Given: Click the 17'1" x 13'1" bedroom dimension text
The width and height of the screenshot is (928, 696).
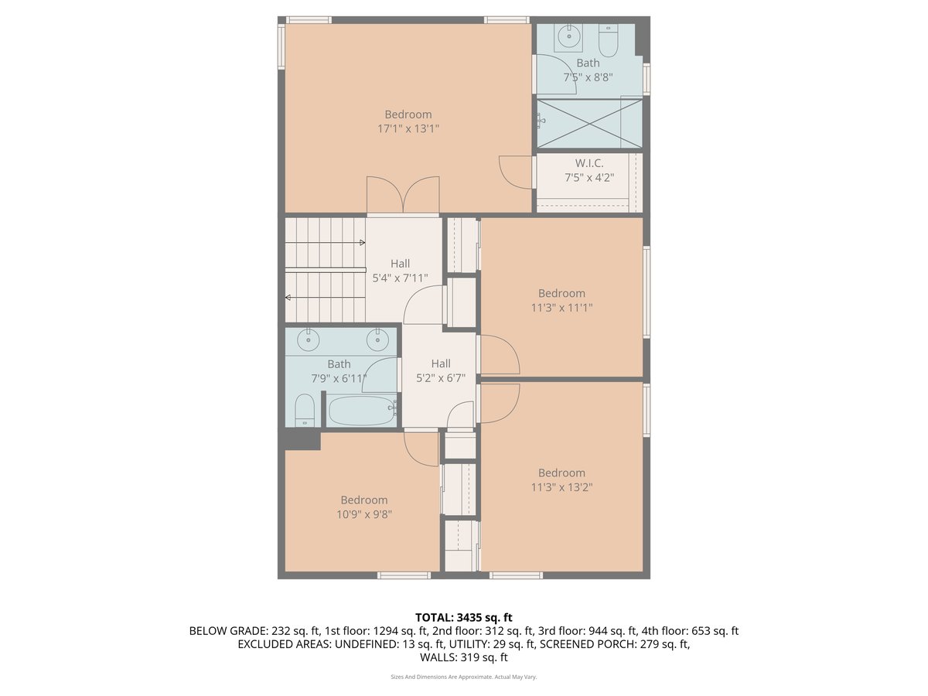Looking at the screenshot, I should pyautogui.click(x=408, y=129).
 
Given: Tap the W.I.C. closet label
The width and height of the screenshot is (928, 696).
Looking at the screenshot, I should pyautogui.click(x=589, y=163).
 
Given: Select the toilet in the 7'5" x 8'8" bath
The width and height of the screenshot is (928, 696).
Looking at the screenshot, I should pyautogui.click(x=609, y=43).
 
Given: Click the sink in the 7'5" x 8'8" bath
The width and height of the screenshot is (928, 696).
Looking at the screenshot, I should pyautogui.click(x=569, y=34).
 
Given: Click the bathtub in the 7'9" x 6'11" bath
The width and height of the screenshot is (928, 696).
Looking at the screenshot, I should pyautogui.click(x=362, y=410).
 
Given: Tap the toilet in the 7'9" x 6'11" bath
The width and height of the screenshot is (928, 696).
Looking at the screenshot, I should pyautogui.click(x=305, y=410).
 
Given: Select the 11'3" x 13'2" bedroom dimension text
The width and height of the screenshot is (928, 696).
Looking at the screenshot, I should pyautogui.click(x=561, y=487).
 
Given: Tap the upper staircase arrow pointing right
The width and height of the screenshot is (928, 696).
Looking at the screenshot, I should pyautogui.click(x=361, y=242).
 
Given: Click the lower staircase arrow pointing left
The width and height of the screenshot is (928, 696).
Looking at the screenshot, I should pyautogui.click(x=288, y=297).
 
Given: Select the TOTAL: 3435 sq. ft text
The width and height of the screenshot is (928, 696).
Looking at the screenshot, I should pyautogui.click(x=463, y=617).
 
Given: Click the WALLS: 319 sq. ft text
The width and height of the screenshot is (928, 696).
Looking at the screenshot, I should pyautogui.click(x=463, y=657).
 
